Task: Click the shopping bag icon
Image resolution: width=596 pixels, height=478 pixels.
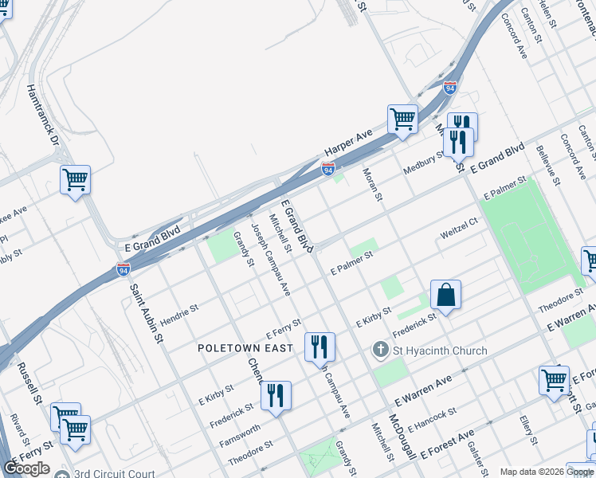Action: [x=445, y=296]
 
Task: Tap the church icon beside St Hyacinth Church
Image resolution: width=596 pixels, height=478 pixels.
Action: [x=381, y=350]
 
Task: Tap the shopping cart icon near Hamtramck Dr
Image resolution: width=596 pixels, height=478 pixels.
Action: [x=75, y=180]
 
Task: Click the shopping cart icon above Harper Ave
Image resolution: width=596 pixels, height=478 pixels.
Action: [x=403, y=119]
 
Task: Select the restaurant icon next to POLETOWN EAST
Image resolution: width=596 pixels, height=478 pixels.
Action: [x=320, y=347]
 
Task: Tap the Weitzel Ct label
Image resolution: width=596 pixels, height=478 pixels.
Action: [x=458, y=230]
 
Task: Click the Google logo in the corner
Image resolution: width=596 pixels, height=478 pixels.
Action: [x=26, y=468]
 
